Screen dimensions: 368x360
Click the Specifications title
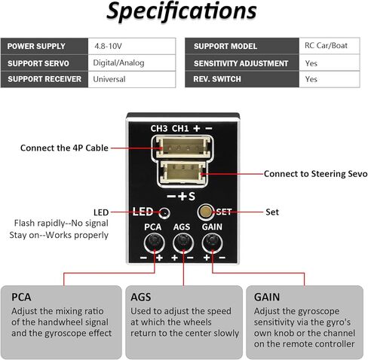[182, 11]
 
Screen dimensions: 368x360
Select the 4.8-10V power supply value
[108, 46]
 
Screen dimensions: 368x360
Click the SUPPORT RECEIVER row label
[44, 79]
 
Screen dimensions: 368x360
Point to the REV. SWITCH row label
[217, 79]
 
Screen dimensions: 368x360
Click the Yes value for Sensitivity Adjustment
[311, 63]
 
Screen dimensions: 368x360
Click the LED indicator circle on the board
[164, 213]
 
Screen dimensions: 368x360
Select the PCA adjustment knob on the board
[155, 243]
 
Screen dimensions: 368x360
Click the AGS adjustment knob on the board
[183, 243]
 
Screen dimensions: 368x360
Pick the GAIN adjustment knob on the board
[212, 243]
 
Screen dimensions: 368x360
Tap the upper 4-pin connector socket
[182, 147]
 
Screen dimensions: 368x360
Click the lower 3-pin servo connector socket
[182, 173]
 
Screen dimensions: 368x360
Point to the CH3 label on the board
[159, 129]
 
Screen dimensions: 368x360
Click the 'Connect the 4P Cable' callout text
[64, 148]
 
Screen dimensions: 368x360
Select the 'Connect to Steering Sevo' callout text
[315, 174]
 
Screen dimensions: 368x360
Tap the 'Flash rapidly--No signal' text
[61, 223]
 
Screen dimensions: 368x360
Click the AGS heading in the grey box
[141, 297]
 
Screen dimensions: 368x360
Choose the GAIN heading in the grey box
[267, 297]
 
